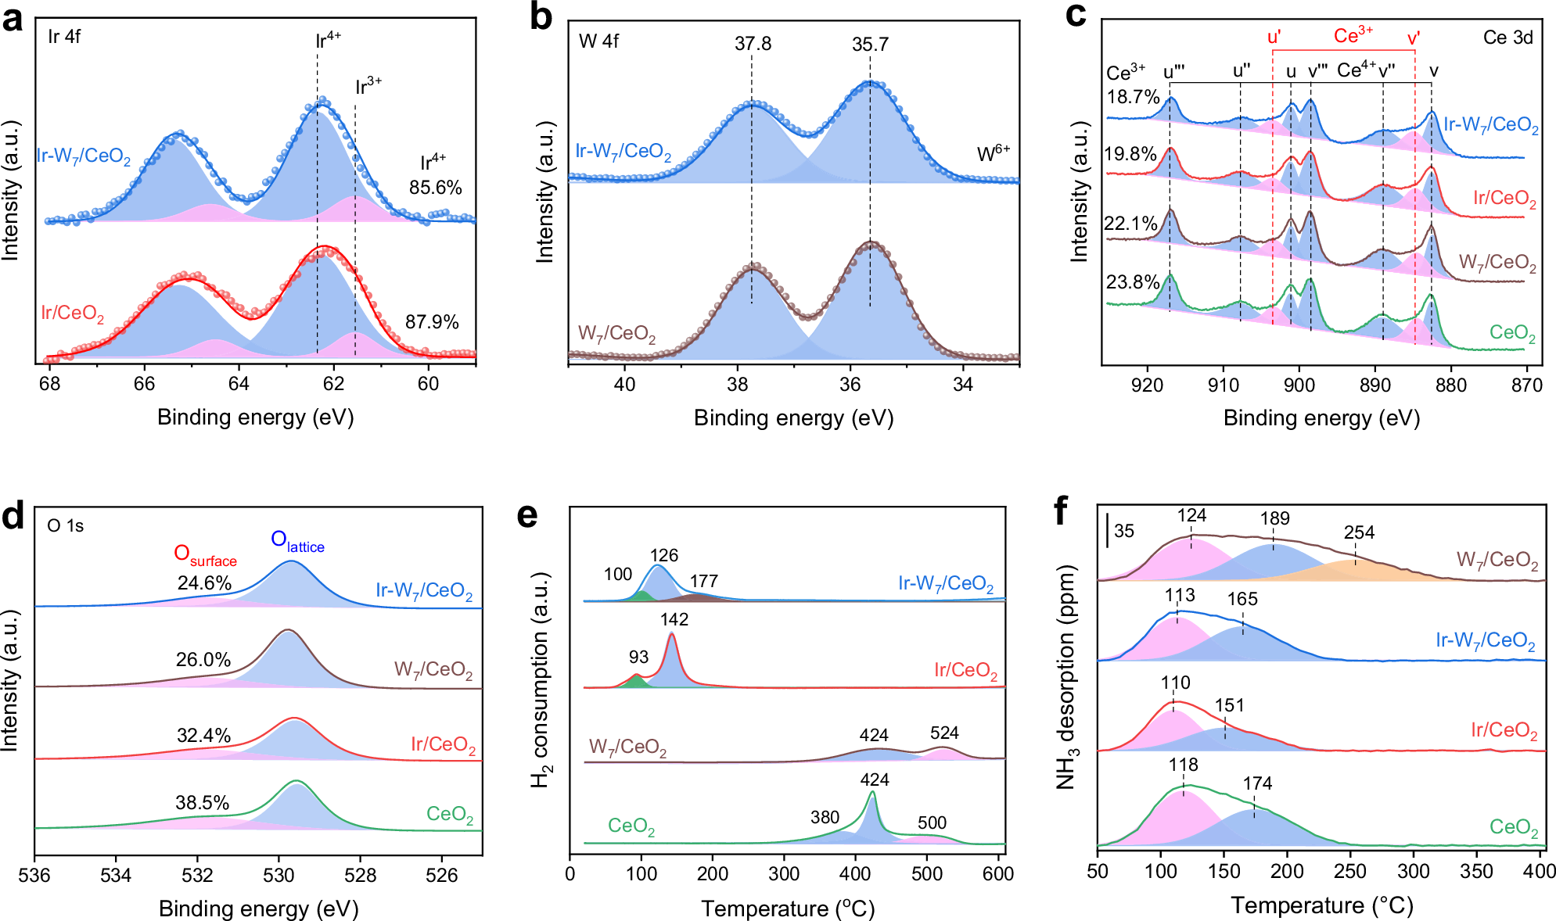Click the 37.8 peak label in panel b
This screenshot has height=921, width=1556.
pos(753,44)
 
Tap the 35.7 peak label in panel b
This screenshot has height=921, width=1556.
pos(870,45)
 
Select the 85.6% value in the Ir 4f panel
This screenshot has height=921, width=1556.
pos(435,188)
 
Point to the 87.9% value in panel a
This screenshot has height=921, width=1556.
pos(432,322)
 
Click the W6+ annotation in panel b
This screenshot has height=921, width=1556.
pos(994,154)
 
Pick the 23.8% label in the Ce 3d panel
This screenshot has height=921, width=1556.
pos(1132,282)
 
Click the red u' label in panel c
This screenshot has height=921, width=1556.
pos(1274,37)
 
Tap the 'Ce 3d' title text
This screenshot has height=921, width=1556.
pos(1507,38)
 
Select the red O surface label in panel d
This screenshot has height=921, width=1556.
pos(205,555)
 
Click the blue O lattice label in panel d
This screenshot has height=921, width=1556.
pos(297,540)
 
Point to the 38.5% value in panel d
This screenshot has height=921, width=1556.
pos(203,803)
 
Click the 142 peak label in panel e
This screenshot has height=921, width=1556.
pos(674,620)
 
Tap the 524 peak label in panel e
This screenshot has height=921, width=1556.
pos(944,733)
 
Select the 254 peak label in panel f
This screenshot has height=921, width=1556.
pos(1359,533)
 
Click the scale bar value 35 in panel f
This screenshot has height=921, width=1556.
pos(1124,532)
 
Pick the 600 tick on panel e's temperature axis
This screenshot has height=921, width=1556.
pos(998,874)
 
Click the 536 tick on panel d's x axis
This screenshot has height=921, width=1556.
pos(34,875)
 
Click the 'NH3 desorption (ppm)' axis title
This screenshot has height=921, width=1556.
pos(1065,676)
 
